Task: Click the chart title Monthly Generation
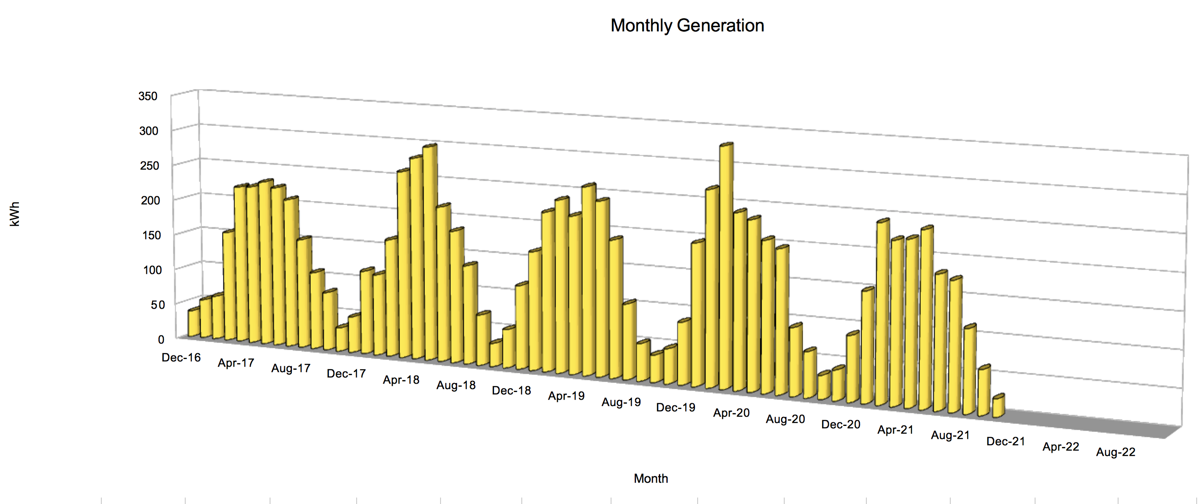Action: tap(687, 25)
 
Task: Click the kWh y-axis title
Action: tap(15, 214)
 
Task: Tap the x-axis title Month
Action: tap(651, 479)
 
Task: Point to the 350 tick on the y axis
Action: tap(148, 96)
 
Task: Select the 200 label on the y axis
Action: tap(150, 200)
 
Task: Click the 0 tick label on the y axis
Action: tap(161, 339)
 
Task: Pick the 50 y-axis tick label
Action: tap(158, 305)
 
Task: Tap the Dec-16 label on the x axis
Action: tap(181, 357)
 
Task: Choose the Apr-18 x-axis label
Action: tap(401, 380)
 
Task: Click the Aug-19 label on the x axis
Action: tap(621, 402)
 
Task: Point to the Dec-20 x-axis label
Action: tap(840, 424)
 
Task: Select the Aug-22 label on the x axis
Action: tap(1116, 452)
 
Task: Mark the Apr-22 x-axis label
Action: tap(1061, 446)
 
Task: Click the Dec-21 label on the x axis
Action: tap(1006, 441)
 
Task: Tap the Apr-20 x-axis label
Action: tap(731, 413)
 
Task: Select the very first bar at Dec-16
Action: tap(193, 322)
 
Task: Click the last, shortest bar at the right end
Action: tap(998, 406)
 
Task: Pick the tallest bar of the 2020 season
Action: tap(725, 265)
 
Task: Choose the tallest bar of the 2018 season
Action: tap(430, 251)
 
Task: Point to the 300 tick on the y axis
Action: tap(149, 131)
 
